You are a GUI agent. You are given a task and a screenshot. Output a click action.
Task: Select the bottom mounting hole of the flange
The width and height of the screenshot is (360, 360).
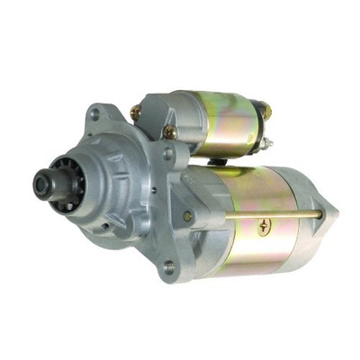click(x=168, y=266)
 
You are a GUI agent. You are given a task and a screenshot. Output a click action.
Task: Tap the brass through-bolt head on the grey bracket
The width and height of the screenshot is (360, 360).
click(x=187, y=216)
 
